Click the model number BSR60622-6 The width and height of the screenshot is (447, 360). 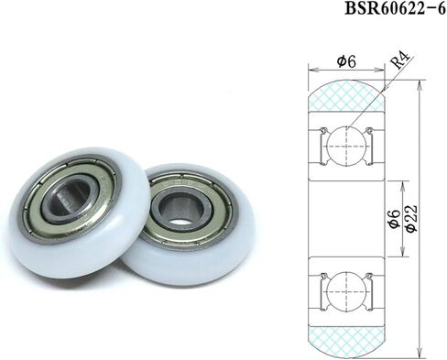396,8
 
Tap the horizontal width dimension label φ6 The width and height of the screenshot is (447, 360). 346,62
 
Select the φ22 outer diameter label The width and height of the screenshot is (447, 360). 411,218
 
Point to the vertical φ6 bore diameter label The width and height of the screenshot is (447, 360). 395,218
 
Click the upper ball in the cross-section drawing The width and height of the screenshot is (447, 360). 346,146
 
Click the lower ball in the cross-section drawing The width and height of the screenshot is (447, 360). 346,291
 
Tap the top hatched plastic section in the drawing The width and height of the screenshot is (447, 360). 346,95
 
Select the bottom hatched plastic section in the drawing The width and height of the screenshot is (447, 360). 346,342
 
